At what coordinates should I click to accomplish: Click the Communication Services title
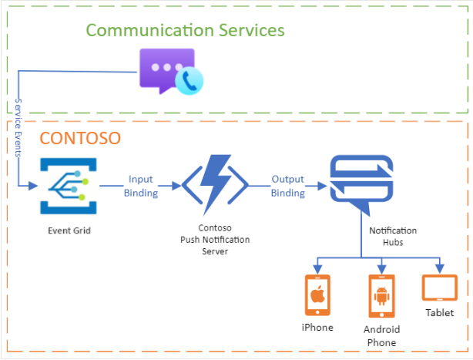click(x=185, y=30)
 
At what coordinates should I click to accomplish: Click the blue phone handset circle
click(x=189, y=80)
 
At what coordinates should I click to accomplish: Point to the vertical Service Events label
click(x=19, y=126)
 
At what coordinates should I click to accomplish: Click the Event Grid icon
click(x=64, y=186)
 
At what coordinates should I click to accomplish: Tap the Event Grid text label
click(x=64, y=230)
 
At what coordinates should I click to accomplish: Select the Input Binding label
click(x=140, y=186)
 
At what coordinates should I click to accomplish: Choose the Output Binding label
click(x=288, y=186)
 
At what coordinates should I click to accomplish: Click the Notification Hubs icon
click(x=361, y=186)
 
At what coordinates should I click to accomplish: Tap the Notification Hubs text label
click(x=393, y=236)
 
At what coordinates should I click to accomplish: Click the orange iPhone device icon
click(x=317, y=294)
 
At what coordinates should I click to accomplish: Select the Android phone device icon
click(x=380, y=296)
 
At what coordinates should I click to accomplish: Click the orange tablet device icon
click(x=439, y=288)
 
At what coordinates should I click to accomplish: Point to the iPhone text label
click(x=317, y=328)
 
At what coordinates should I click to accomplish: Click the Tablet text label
click(x=439, y=313)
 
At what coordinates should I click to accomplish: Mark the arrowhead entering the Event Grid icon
click(x=33, y=186)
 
